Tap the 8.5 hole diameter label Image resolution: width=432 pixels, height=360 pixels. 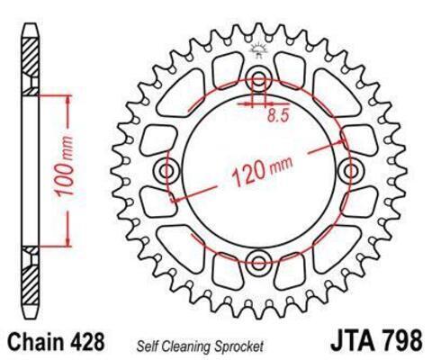click(278, 115)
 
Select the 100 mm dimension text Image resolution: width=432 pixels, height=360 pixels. click(65, 166)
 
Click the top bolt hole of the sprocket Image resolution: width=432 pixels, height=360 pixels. click(258, 80)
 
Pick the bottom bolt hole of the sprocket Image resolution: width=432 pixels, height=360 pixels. click(258, 262)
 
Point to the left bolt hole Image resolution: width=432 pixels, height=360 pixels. click(166, 171)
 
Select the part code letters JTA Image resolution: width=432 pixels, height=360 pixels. click(353, 340)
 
